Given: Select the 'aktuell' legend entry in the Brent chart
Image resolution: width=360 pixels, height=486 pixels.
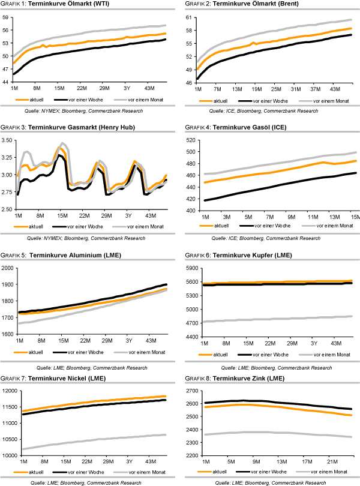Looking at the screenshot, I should [x=219, y=100].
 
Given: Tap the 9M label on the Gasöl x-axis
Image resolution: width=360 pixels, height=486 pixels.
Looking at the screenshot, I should [x=292, y=215].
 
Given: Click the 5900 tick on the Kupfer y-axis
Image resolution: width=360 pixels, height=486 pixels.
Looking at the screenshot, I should [x=191, y=268].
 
